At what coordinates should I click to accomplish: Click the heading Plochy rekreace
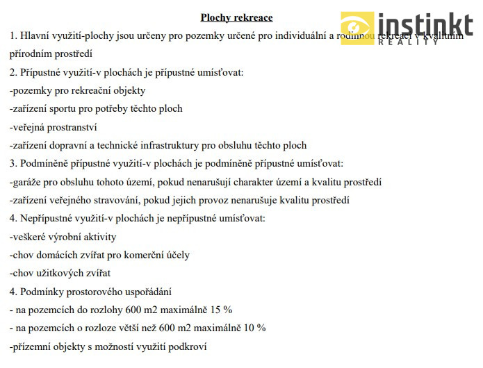pos(236,17)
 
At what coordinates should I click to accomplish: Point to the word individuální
pos(291,35)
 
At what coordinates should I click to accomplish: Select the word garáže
pos(28,182)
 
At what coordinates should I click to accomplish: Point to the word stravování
pos(131,200)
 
